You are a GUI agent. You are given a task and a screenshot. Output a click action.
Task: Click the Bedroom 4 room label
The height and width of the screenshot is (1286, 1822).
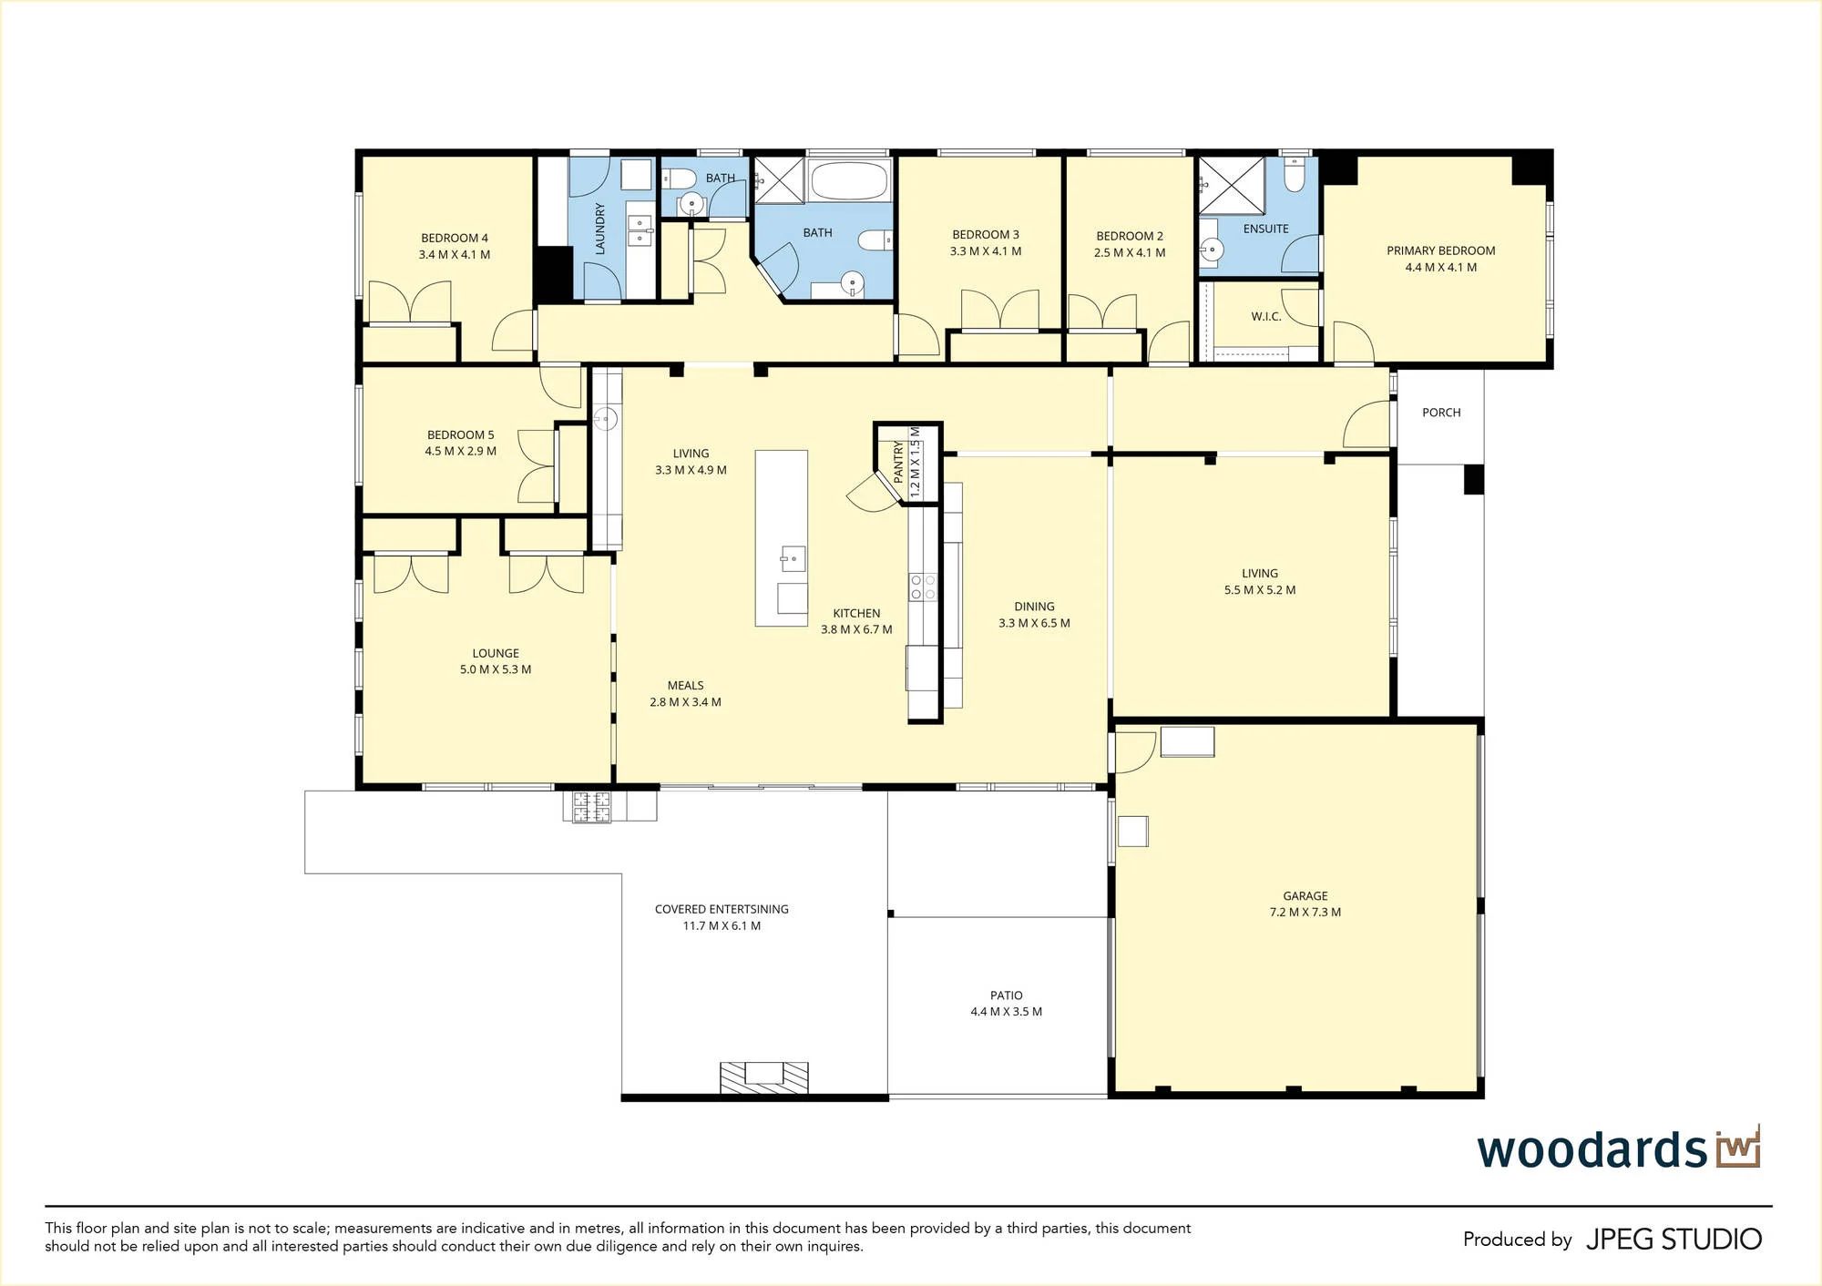coord(454,239)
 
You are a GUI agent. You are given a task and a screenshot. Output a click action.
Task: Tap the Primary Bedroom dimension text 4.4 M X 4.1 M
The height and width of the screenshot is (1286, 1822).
coord(1440,268)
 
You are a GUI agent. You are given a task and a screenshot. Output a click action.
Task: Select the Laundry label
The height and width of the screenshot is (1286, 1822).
coord(599,229)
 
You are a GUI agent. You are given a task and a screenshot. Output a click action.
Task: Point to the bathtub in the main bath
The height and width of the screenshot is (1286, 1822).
coord(849,181)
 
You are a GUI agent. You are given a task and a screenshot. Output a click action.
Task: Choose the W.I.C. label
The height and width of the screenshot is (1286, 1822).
coord(1266,317)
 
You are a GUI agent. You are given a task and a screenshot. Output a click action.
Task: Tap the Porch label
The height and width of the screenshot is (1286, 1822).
coord(1441,413)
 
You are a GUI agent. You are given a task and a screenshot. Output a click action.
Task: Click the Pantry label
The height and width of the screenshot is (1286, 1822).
coord(898,462)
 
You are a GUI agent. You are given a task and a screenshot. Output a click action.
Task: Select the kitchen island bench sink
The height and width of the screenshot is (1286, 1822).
coord(792,557)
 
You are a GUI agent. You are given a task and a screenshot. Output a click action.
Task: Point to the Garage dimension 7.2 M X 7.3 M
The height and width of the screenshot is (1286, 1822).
coord(1305,913)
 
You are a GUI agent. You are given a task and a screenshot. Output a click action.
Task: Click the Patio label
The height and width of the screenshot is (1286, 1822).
coord(1007,995)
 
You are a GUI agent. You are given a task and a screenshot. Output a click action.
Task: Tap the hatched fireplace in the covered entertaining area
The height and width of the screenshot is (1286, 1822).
coord(764,1077)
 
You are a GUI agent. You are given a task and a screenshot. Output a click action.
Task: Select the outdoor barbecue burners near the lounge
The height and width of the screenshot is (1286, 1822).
coord(591,806)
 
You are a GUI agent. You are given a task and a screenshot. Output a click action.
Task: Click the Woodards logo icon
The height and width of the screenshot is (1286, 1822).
coord(1738,1148)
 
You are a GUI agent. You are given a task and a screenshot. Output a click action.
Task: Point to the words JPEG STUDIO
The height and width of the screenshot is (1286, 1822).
coord(1674,1240)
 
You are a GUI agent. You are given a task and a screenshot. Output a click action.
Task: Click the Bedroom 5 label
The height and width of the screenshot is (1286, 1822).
coord(460,435)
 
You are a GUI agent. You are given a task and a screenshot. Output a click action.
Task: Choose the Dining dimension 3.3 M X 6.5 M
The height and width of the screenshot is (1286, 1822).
coord(1034,624)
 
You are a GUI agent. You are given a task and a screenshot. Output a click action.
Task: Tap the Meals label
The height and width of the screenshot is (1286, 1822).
coord(685,686)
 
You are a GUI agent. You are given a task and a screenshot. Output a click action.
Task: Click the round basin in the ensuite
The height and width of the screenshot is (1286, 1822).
coord(1211,248)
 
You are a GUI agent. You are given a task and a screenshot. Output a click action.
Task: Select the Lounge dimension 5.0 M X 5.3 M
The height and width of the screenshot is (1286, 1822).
coord(496,669)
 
